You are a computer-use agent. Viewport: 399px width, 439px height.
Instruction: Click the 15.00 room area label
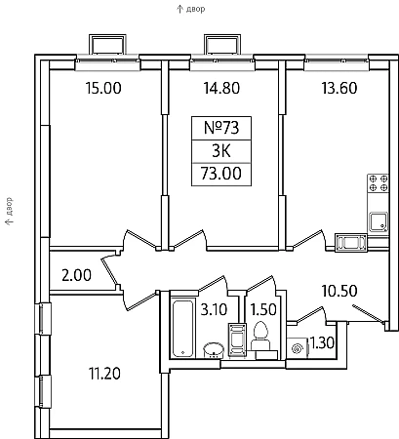pos(103,88)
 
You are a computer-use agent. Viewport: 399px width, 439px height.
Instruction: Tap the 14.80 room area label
pos(221,88)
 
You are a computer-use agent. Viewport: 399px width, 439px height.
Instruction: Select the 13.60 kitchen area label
pos(339,88)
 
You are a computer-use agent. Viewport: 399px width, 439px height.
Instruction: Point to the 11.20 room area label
pos(104,374)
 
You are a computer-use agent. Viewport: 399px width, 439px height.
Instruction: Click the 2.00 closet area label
pos(77,275)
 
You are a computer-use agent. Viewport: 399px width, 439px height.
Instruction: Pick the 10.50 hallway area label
pos(339,291)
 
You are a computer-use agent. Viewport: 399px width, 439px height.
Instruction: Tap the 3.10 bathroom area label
pos(214,309)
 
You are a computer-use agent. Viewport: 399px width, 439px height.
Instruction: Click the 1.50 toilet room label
pos(263,309)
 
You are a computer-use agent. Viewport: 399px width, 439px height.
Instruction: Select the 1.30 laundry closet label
pos(322,342)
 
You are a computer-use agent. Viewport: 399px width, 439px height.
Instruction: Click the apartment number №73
pos(221,128)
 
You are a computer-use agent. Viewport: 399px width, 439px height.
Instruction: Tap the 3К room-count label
pos(221,151)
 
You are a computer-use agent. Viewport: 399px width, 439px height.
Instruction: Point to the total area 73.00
pos(221,174)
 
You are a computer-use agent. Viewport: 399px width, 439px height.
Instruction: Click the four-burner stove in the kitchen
pos(379,183)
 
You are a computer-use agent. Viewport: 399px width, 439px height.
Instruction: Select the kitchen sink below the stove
pos(379,221)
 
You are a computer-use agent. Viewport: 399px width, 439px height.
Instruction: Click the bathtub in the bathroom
pos(183,328)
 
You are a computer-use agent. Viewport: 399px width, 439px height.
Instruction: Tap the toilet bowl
pos(260,336)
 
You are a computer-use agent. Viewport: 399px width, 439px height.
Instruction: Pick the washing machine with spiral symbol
pos(298,348)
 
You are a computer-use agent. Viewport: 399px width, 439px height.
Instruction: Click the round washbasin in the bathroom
pos(214,350)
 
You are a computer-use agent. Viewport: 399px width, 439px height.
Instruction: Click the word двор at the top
pos(195,9)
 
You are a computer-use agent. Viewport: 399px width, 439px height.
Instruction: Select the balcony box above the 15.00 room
pos(107,44)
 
